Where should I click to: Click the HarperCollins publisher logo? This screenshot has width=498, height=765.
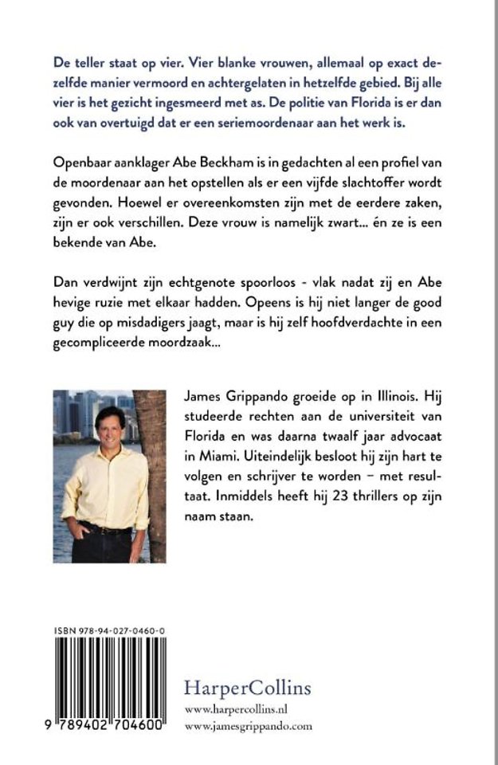click(247, 687)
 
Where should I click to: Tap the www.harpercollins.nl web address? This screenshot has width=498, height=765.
click(235, 709)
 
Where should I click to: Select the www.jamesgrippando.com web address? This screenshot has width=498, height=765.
click(248, 726)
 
